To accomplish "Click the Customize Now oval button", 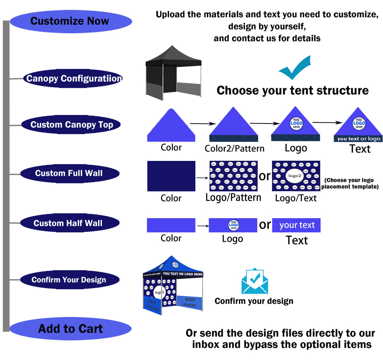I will (70, 21).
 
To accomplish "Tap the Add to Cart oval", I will (70, 329).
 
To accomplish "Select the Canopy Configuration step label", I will (73, 79).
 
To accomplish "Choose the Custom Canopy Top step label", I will (71, 125).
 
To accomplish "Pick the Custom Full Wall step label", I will (69, 173).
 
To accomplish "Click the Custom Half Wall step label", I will (69, 223).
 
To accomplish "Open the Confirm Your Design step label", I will (69, 280).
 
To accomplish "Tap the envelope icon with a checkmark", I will (255, 281).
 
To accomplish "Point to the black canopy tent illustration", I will (173, 73).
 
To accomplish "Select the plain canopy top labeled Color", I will (171, 125).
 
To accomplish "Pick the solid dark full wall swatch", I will (171, 176).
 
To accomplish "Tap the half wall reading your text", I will (296, 225).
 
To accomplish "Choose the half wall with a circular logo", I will (233, 225).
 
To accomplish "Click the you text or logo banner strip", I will (358, 139).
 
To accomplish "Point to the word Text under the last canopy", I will (360, 149).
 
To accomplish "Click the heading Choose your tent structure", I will (292, 91).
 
